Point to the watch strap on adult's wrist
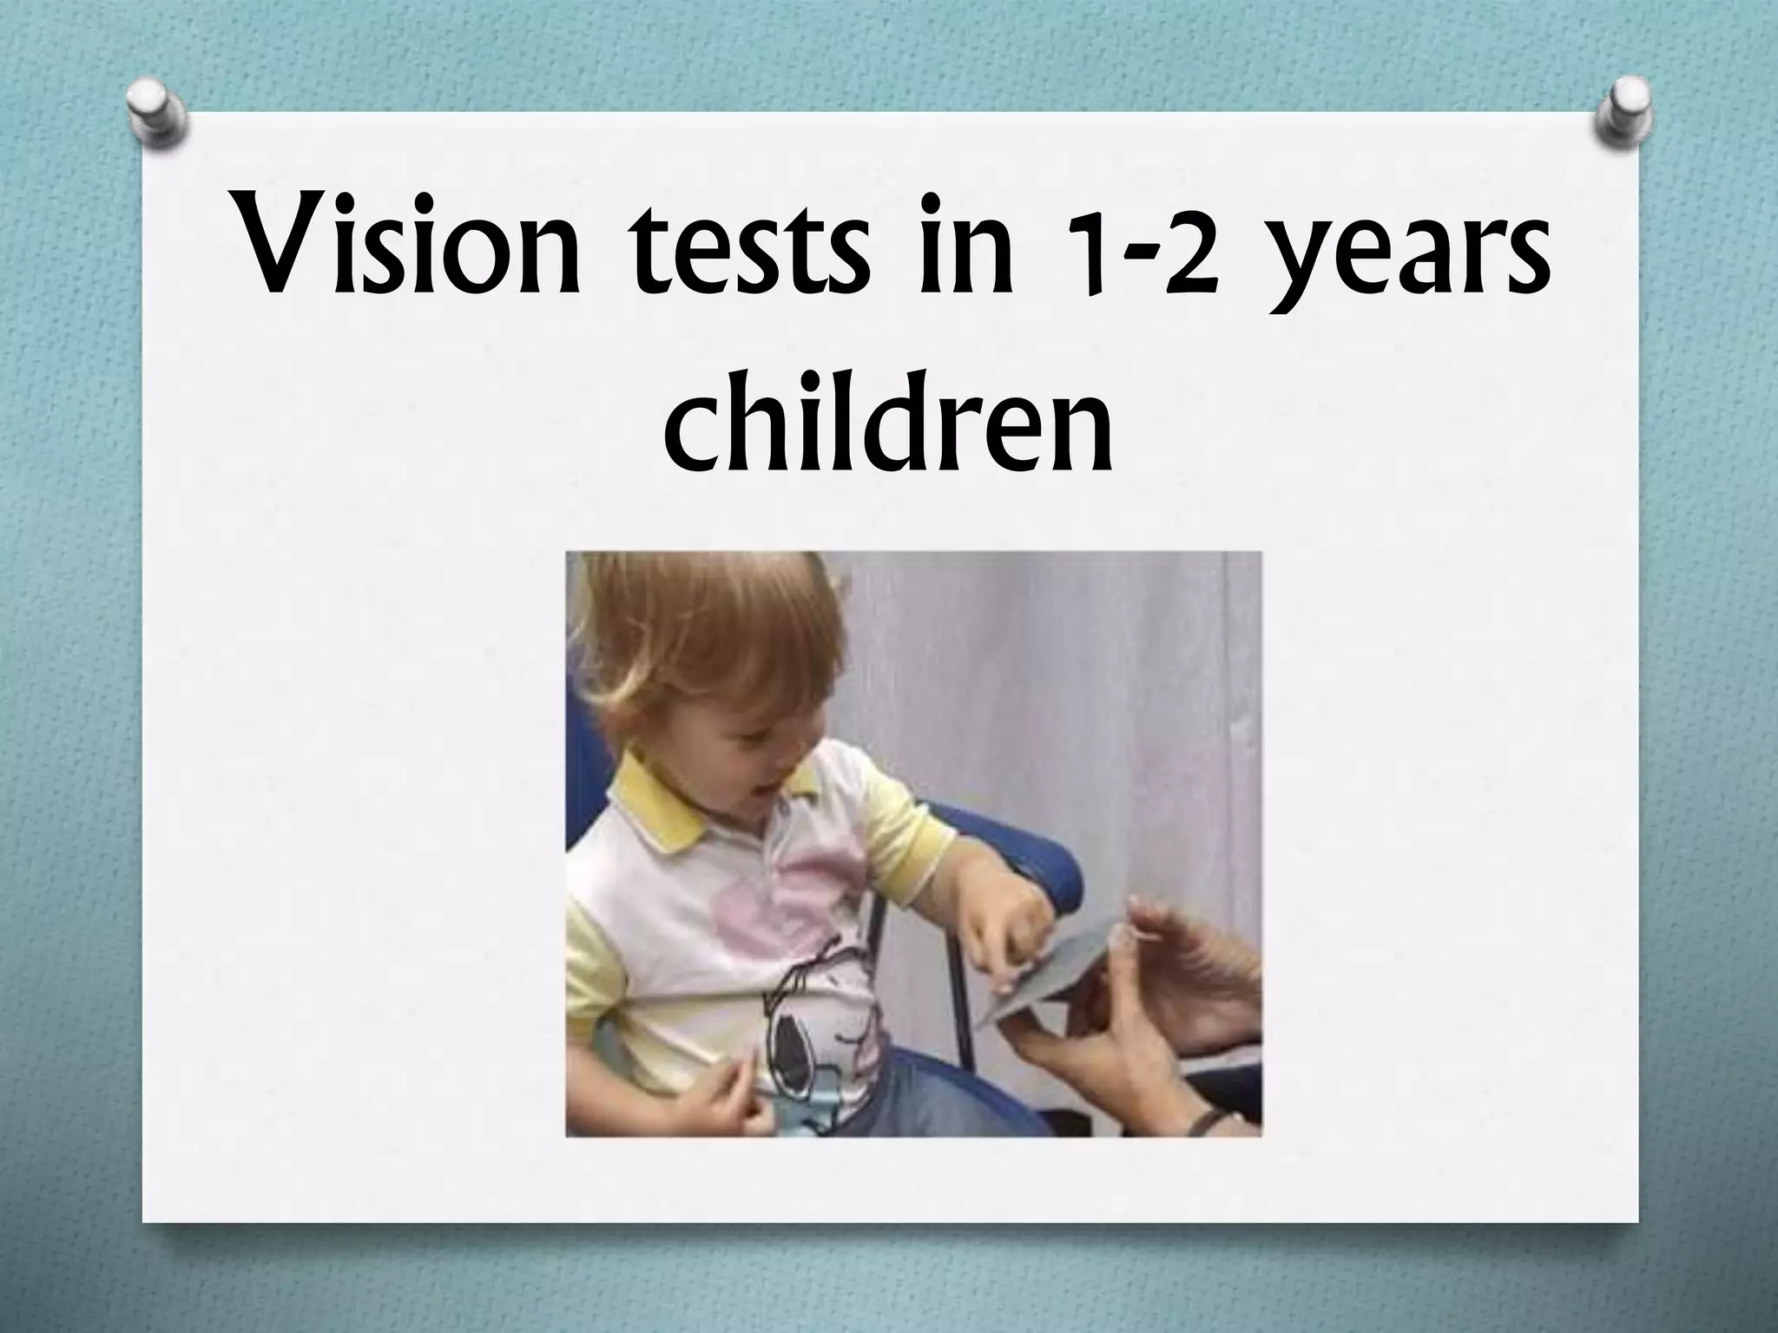click(1202, 1124)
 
